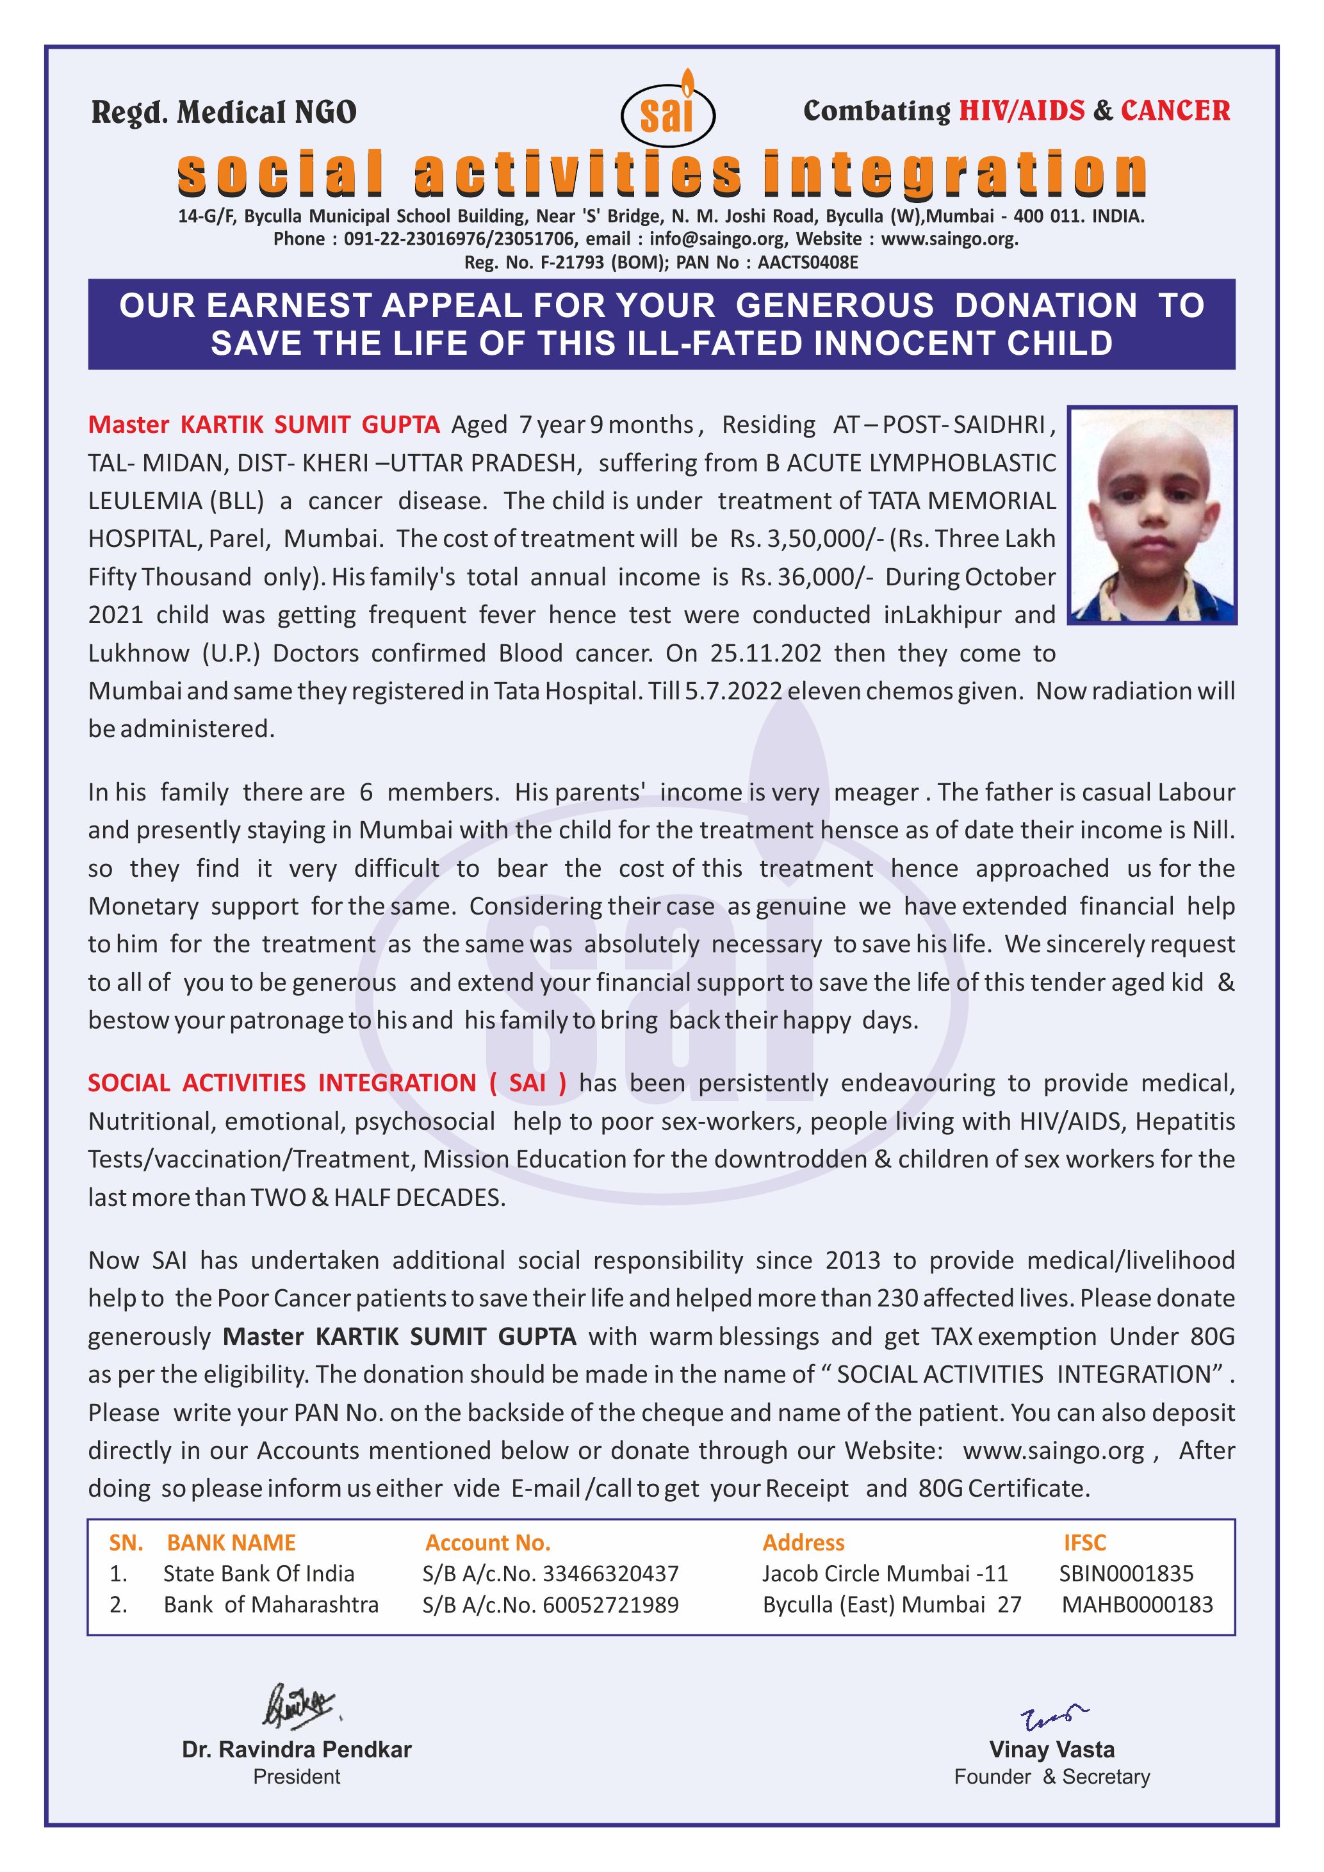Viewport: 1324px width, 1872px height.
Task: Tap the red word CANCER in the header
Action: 1175,111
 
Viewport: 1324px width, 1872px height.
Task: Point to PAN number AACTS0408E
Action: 808,263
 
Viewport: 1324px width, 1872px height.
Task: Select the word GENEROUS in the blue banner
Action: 834,305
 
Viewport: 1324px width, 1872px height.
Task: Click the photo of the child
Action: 1152,516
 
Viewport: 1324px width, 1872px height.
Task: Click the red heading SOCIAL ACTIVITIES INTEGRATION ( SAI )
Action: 327,1083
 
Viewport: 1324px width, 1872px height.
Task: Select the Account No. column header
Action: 487,1543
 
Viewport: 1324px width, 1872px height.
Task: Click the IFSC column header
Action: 1084,1543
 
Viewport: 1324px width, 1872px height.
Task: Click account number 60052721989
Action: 610,1604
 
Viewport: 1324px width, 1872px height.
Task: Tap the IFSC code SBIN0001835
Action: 1126,1574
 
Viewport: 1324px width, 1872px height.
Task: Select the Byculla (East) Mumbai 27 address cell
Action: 892,1604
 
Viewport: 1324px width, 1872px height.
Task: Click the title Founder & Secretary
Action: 1052,1777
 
